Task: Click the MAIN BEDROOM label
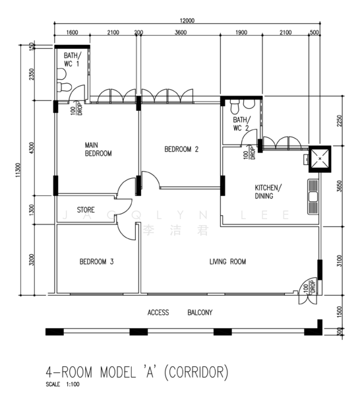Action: coord(98,149)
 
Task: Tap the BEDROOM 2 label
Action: coord(181,149)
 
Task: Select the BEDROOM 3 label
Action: coord(97,261)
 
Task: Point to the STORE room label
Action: coord(86,210)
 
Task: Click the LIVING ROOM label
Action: coord(228,261)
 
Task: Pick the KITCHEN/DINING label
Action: coord(268,191)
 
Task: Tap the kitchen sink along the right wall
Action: coord(313,197)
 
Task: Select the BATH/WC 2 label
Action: coord(242,124)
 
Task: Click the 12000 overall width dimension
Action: coord(187,20)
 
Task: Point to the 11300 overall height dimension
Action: coord(17,170)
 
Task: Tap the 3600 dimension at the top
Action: coord(181,32)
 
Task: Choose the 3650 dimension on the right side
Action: coord(340,186)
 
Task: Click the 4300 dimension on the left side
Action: coord(31,148)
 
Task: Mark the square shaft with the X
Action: coord(320,159)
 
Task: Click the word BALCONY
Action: coord(200,313)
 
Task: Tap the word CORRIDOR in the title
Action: coord(196,372)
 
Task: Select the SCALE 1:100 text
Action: coord(63,384)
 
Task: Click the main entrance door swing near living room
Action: coord(307,291)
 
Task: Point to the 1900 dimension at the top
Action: coord(241,32)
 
